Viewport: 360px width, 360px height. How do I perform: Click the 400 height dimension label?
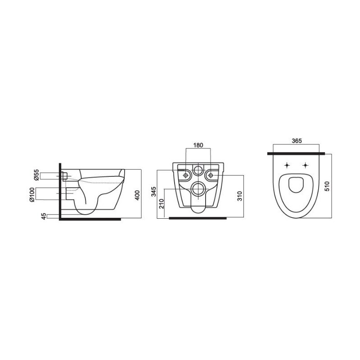tap(137, 195)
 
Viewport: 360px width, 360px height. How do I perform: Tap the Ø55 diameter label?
tap(36, 175)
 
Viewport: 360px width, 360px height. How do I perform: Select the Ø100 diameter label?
tap(32, 195)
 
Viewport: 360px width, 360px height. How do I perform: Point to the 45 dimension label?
tap(44, 216)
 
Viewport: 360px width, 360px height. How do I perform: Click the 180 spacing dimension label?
tap(198, 145)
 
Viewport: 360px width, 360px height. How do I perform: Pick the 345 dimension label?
tap(154, 192)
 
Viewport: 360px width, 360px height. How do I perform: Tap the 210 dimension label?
tap(162, 203)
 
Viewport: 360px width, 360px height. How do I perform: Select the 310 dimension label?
tap(240, 196)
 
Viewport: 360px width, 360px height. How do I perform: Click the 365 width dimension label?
tap(297, 141)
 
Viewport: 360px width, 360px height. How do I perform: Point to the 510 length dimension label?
tap(328, 186)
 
